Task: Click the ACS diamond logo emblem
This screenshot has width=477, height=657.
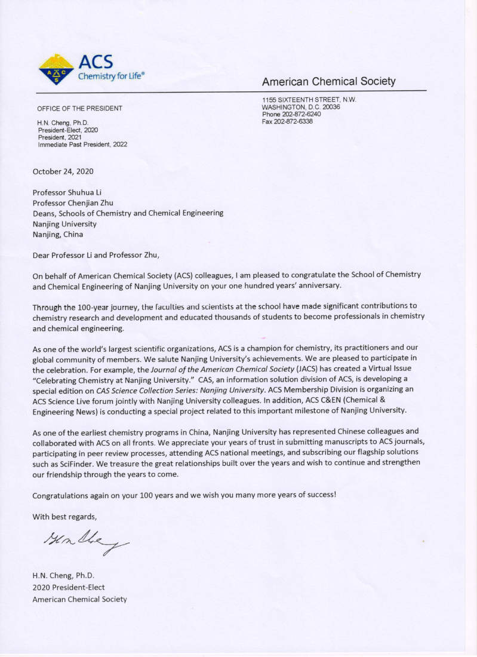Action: pos(56,69)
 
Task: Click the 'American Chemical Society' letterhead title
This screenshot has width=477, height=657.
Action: pos(328,81)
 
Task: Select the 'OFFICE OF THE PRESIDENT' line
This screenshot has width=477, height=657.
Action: pos(79,108)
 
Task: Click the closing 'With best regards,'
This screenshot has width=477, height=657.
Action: pos(64,517)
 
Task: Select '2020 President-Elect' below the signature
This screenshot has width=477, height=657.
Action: pos(68,587)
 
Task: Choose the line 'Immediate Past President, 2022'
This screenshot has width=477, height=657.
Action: pos(82,144)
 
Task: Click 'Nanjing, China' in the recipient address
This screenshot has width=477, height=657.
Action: pos(58,234)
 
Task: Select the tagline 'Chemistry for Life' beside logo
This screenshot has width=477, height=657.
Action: pos(110,76)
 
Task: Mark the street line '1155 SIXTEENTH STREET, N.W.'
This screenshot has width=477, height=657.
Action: pos(309,100)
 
